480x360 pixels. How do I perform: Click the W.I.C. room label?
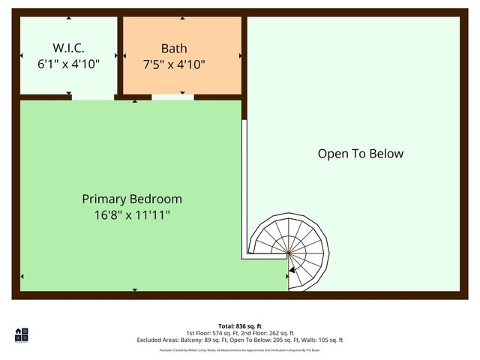coord(68,49)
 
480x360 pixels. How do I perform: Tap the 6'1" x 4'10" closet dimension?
coord(68,64)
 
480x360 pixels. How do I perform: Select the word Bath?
coord(174,49)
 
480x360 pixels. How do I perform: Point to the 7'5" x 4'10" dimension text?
coord(174,64)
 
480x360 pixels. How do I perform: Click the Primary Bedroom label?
coord(132,199)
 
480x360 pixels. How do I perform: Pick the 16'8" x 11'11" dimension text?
coord(132,215)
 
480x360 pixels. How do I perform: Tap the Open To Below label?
coord(360,154)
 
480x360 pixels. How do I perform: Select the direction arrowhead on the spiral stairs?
coord(293,268)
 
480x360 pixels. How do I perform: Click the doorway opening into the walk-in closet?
coord(93,97)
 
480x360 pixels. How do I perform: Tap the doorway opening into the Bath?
coord(173,97)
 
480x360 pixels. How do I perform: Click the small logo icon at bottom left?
coord(21,335)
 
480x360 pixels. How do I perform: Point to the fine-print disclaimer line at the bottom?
coord(239,349)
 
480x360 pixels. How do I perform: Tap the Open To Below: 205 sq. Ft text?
coord(259,340)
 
